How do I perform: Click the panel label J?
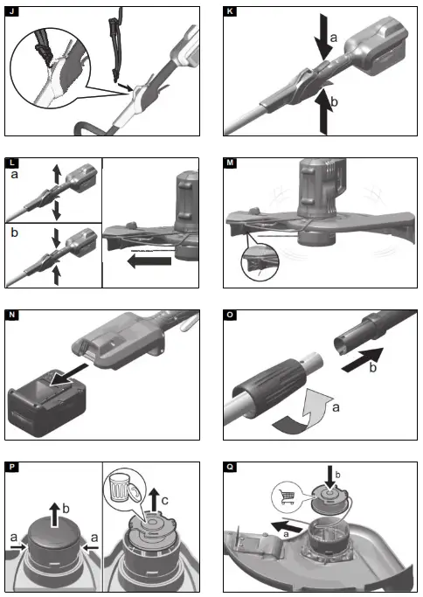12,11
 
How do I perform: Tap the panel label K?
230,11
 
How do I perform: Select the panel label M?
230,163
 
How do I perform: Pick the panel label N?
12,315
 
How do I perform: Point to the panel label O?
230,315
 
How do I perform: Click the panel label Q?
230,467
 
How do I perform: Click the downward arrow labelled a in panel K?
322,37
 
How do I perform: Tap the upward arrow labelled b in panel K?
322,111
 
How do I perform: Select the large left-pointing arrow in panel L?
149,261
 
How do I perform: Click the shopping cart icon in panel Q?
288,496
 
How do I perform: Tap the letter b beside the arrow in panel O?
373,368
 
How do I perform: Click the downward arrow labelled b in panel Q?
329,476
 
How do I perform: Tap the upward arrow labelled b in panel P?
56,515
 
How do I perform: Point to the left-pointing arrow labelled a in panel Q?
286,527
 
